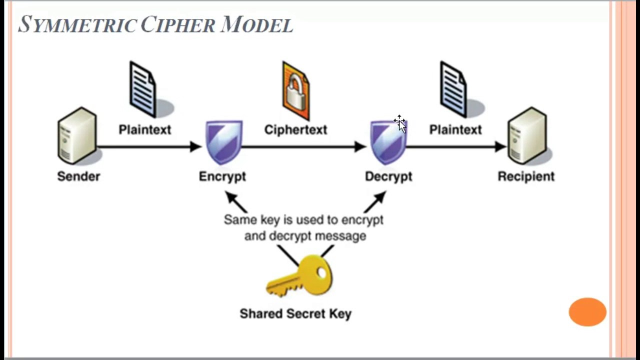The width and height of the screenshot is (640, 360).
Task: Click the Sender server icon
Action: tap(77, 135)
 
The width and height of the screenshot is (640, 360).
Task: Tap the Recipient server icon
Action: tap(527, 135)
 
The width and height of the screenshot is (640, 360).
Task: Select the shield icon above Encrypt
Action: tap(224, 141)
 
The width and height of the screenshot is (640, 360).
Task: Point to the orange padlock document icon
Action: tap(295, 90)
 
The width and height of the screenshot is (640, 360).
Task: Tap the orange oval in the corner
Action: tap(587, 312)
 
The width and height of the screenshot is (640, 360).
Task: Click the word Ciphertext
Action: tap(295, 129)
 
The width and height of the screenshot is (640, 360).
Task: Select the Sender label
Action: tap(78, 176)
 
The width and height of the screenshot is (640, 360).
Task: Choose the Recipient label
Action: tap(526, 176)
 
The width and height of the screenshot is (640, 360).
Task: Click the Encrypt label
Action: tap(222, 176)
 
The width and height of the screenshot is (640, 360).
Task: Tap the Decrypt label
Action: tap(388, 176)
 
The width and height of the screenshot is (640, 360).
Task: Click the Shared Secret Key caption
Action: tap(295, 313)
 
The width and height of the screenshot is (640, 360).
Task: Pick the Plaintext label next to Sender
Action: tap(145, 129)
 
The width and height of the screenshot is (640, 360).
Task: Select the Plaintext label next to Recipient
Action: tap(455, 129)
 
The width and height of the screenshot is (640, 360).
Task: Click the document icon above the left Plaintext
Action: tap(143, 89)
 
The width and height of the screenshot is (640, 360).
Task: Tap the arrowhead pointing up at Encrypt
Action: tap(231, 198)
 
